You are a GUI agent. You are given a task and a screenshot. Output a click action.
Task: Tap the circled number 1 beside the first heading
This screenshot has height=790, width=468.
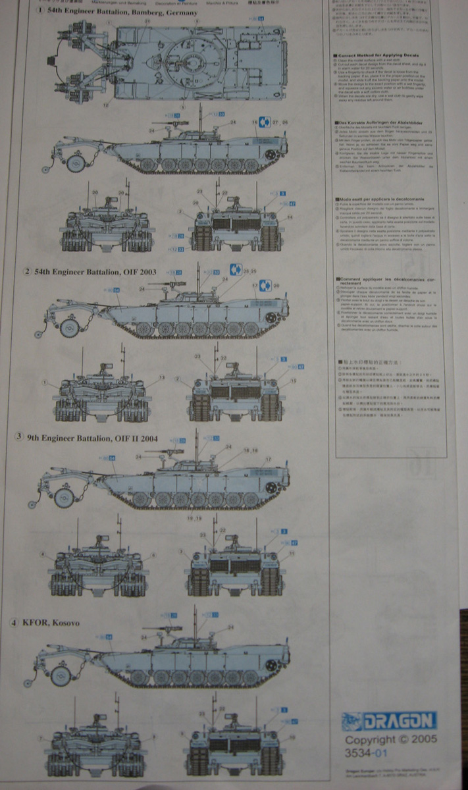click(x=41, y=13)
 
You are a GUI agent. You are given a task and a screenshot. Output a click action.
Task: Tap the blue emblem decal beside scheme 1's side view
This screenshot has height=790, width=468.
click(x=263, y=122)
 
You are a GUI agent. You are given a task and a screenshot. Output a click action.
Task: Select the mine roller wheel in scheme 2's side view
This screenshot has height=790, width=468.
click(x=68, y=329)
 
